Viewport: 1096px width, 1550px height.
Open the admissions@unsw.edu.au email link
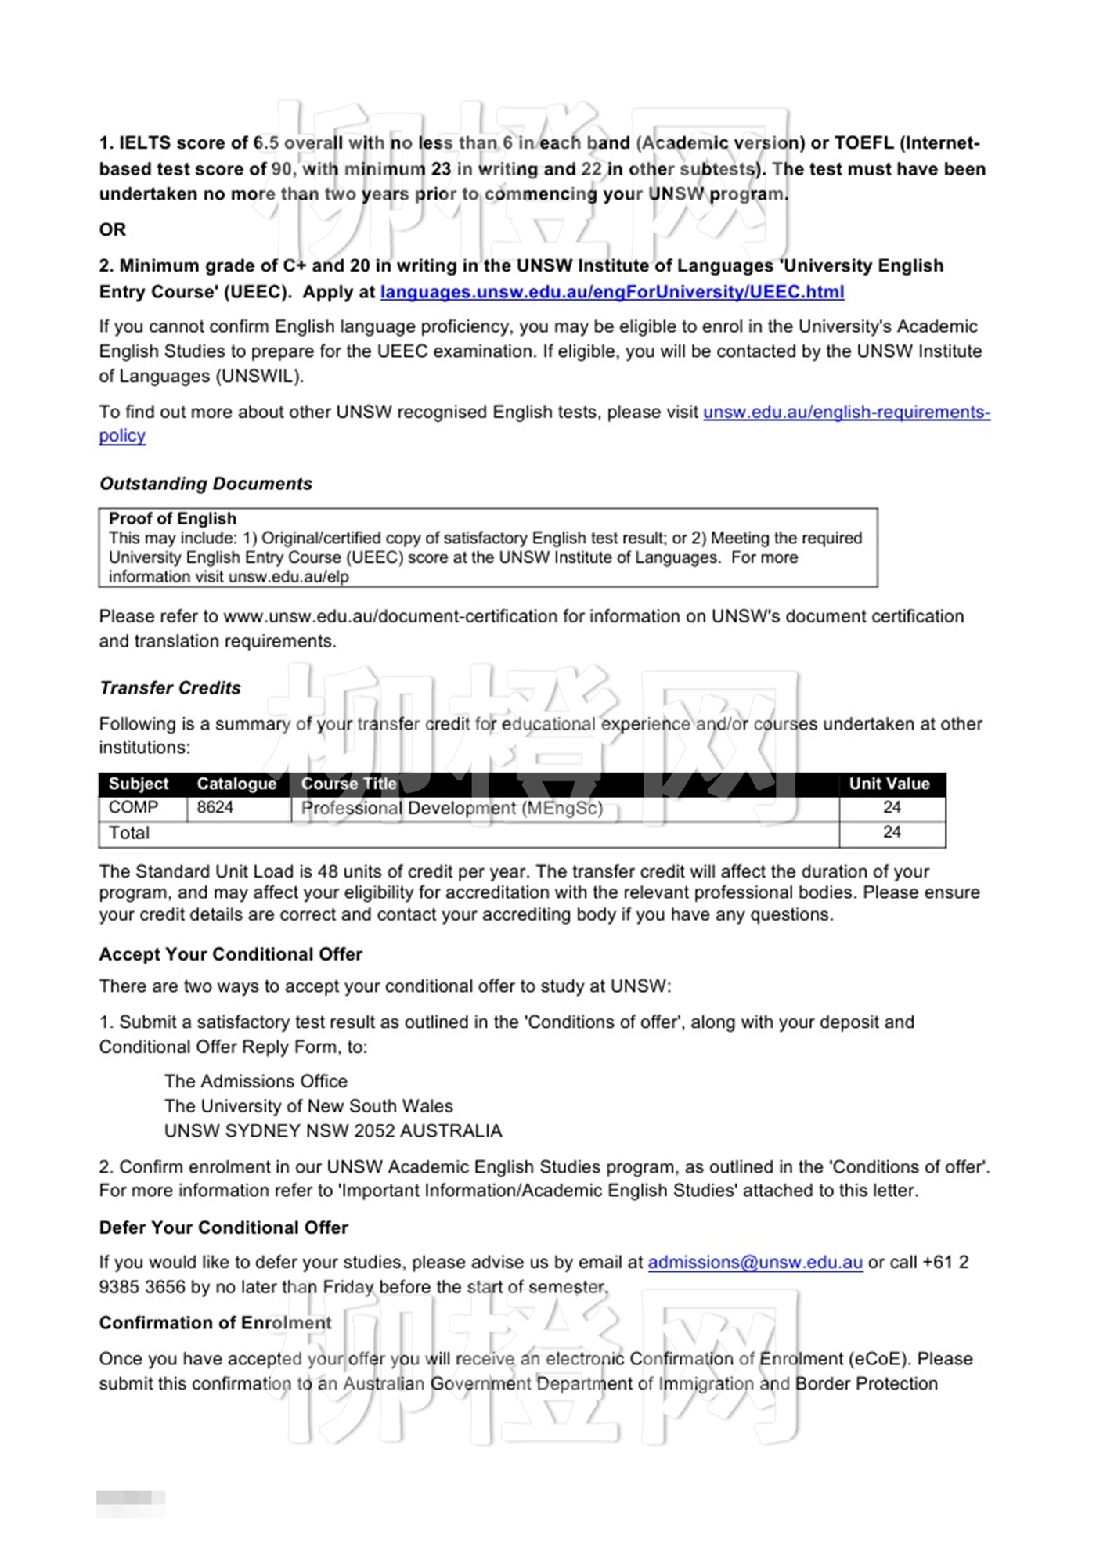pos(755,1262)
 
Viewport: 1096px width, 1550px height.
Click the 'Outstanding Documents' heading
pos(206,484)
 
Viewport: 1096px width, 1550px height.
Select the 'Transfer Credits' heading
pos(170,688)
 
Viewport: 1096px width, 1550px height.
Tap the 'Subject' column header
pos(139,784)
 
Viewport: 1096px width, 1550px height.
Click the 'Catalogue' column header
pos(236,784)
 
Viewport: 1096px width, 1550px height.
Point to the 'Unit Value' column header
pos(889,784)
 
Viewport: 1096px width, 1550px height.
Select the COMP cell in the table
pos(133,807)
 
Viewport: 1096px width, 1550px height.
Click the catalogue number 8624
pos(215,807)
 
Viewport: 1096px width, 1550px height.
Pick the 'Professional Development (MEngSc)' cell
pos(452,808)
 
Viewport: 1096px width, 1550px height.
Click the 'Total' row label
pos(129,833)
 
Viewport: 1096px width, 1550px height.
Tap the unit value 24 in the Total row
pos(892,832)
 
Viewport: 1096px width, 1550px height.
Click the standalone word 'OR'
pos(113,229)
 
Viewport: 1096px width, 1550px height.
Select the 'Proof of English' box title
pos(172,518)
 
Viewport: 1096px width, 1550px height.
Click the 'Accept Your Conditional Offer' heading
pos(230,954)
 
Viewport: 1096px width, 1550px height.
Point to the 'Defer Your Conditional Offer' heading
pos(223,1227)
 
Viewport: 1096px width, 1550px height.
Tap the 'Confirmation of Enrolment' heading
pos(215,1323)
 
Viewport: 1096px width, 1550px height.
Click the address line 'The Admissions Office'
pos(256,1081)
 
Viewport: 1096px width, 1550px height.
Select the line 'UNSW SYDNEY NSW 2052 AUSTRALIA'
pos(333,1131)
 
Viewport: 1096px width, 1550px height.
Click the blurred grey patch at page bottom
pos(130,1498)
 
